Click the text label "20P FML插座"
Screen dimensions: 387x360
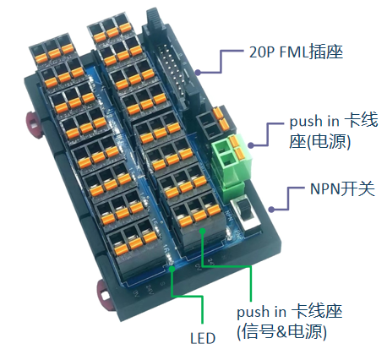click(x=296, y=52)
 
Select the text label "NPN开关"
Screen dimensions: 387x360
click(x=342, y=188)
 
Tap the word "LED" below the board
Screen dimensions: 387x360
click(x=203, y=338)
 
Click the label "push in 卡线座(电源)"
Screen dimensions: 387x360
click(x=334, y=131)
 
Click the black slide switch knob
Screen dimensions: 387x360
click(x=243, y=210)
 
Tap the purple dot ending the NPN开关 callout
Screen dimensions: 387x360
click(x=271, y=210)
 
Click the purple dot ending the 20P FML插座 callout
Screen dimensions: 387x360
click(x=198, y=73)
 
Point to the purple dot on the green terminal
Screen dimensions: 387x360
click(x=251, y=145)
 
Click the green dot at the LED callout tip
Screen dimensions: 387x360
click(x=172, y=269)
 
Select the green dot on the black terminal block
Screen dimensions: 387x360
click(x=202, y=231)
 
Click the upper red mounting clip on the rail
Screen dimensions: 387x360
click(x=33, y=124)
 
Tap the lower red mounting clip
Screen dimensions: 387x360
click(x=104, y=294)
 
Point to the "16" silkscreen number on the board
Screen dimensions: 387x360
click(x=166, y=249)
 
